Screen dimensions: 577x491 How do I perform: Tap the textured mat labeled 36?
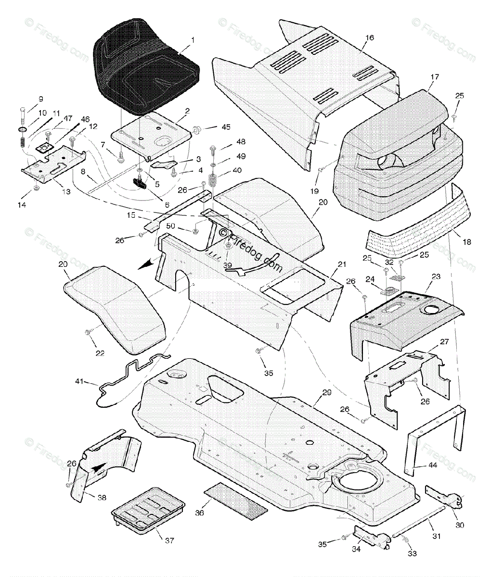click(x=236, y=501)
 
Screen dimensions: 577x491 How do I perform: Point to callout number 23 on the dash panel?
click(x=436, y=276)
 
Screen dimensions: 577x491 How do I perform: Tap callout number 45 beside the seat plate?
click(x=212, y=127)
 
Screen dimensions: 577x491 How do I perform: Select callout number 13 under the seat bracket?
click(x=65, y=191)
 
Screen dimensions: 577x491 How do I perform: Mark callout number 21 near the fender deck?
click(x=342, y=264)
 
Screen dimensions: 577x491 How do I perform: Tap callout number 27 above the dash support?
click(x=444, y=342)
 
